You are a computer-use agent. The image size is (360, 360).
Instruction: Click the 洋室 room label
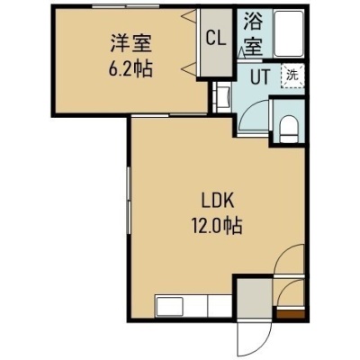click(131, 45)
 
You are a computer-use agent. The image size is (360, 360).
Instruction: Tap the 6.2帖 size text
click(130, 68)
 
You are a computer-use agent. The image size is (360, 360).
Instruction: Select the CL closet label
click(216, 38)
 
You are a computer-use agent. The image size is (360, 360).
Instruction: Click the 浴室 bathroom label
click(254, 33)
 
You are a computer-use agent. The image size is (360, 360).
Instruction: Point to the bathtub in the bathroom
click(289, 33)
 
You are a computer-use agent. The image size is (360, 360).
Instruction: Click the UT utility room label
click(260, 76)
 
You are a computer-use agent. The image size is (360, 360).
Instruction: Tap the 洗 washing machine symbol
click(292, 76)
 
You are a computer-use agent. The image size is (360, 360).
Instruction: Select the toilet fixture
click(289, 129)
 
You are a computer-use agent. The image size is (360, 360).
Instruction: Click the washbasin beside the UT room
click(223, 96)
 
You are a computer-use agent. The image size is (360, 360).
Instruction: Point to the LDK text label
click(217, 202)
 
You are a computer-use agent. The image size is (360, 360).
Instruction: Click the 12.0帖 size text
click(217, 225)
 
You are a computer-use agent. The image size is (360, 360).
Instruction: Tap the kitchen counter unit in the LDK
click(193, 305)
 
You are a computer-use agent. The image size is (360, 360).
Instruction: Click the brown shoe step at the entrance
click(291, 315)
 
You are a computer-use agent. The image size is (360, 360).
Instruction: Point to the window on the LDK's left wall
click(129, 200)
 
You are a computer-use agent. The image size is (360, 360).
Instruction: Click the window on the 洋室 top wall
click(125, 5)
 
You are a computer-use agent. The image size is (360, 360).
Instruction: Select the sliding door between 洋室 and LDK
click(169, 115)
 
